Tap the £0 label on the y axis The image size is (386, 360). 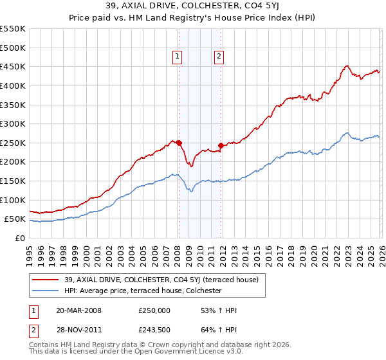pos(21,239)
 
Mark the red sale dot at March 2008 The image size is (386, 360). pos(179,143)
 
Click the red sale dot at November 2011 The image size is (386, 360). pos(221,145)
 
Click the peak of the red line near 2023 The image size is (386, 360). pos(347,65)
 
